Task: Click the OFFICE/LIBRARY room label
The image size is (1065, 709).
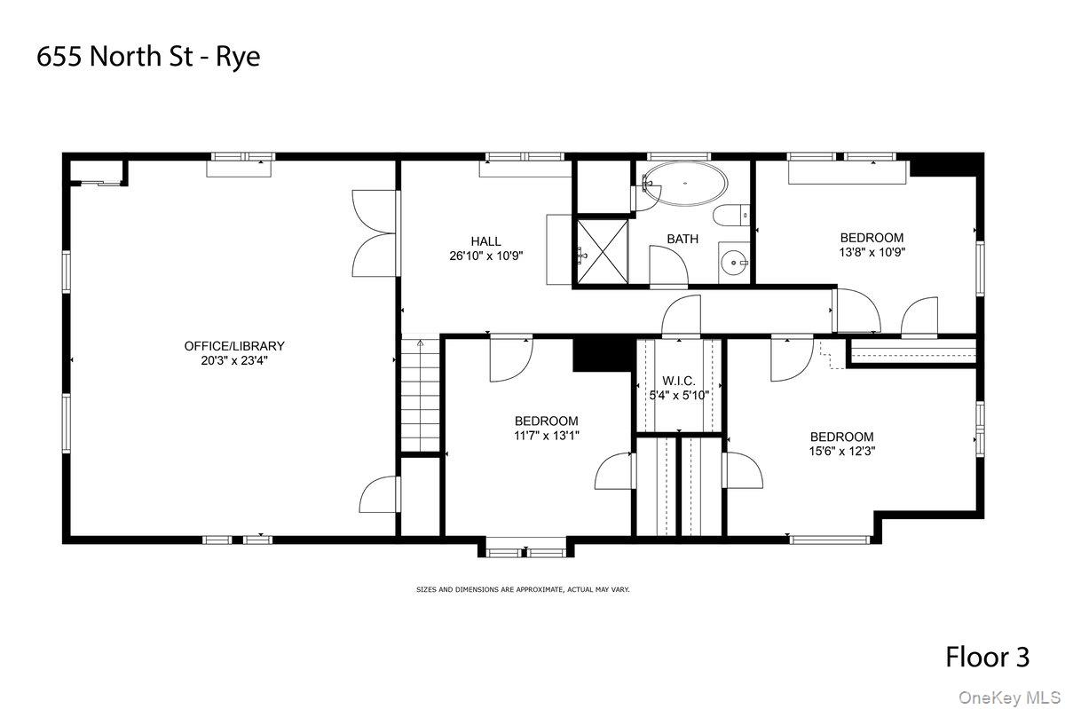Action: pyautogui.click(x=234, y=346)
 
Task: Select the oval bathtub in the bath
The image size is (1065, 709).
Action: pyautogui.click(x=684, y=185)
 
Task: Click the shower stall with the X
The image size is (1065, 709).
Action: pyautogui.click(x=603, y=251)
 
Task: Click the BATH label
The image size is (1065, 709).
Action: pyautogui.click(x=682, y=239)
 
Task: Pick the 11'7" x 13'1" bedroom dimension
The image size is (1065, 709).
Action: pyautogui.click(x=546, y=436)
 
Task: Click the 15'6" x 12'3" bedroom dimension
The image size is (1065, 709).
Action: pyautogui.click(x=841, y=451)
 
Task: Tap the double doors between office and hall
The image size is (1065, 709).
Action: pyautogui.click(x=374, y=232)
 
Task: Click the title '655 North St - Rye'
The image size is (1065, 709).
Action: pyautogui.click(x=149, y=58)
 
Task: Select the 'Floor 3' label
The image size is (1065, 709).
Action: pyautogui.click(x=987, y=658)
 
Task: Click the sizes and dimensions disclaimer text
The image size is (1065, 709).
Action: pyautogui.click(x=523, y=589)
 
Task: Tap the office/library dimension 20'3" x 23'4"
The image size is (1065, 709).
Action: pyautogui.click(x=234, y=361)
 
